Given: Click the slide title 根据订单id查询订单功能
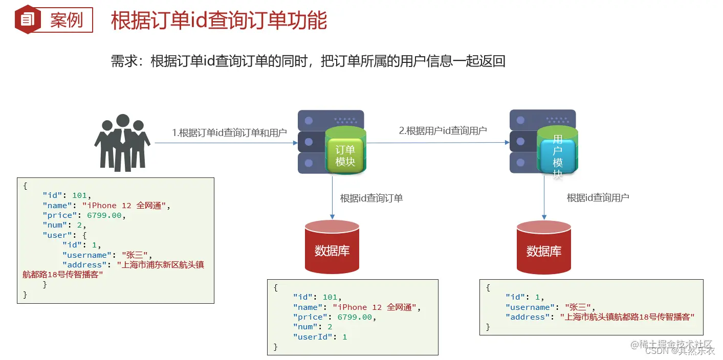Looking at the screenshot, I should pos(219,21).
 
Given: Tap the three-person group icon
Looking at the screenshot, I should pos(122,143).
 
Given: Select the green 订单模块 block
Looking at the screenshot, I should pos(345,155).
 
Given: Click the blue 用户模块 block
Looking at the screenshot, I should pos(557,155).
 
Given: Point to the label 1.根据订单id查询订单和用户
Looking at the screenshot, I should pos(229,133).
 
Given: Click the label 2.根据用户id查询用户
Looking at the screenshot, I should pos(443,131).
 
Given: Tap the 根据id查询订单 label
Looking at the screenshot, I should pos(371,198).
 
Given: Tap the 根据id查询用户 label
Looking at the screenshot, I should pos(598,197).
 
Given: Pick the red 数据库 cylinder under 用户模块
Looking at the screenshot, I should pos(543,247).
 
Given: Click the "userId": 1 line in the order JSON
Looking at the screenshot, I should pos(320,336).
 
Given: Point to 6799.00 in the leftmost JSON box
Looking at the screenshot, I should pos(104,215).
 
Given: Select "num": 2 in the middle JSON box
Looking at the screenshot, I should pos(312,327).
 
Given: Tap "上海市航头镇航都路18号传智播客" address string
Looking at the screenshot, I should pos(627,317).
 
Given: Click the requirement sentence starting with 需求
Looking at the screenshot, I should pos(308,61).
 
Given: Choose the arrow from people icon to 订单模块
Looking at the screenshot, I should pos(225,143).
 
